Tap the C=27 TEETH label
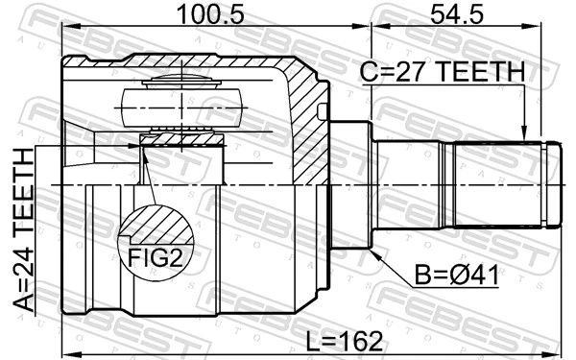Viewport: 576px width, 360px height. point(443,71)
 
